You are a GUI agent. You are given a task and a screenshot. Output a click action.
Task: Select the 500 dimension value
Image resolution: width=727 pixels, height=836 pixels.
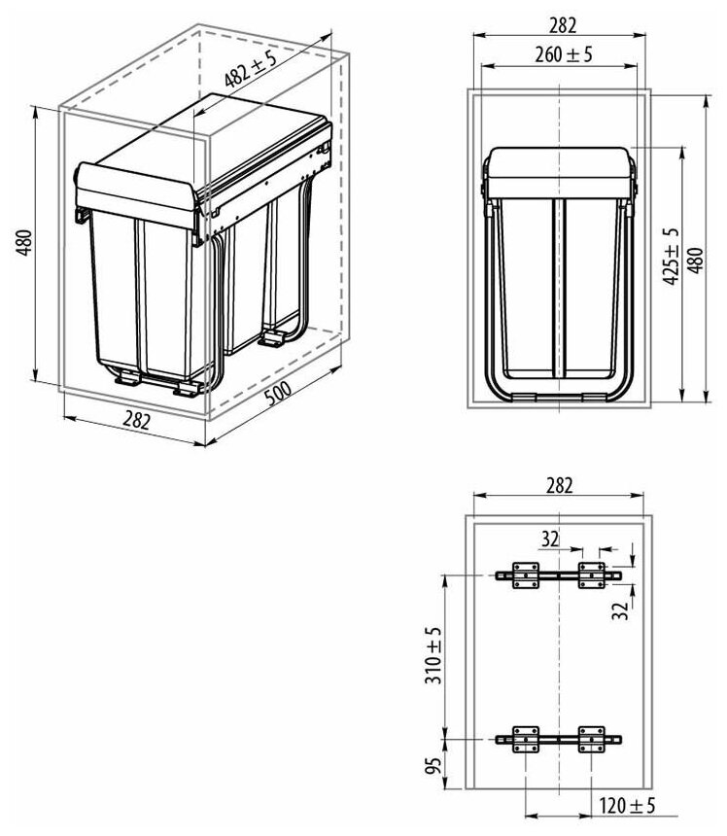tap(277, 396)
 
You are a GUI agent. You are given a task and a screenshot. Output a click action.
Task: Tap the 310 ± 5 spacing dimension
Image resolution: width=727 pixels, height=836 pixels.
tap(433, 657)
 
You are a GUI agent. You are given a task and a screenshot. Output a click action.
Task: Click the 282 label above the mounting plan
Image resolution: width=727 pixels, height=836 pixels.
tap(561, 483)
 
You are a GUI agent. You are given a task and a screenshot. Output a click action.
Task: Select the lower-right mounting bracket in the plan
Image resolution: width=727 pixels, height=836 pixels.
tap(591, 738)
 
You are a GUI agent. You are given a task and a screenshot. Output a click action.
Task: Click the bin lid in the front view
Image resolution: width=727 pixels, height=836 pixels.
tap(560, 172)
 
